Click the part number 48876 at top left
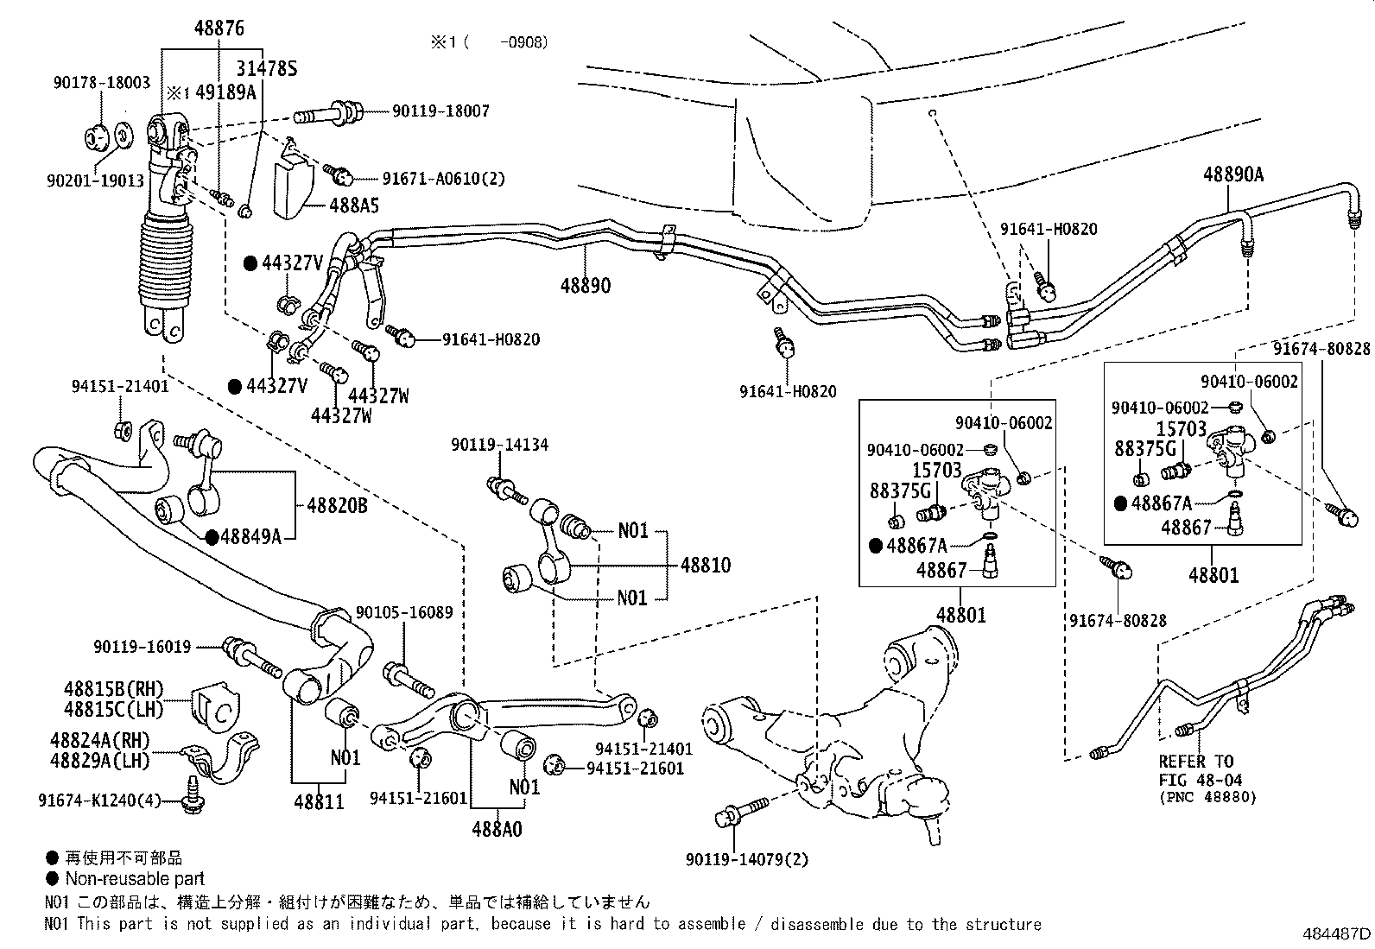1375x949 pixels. coord(219,28)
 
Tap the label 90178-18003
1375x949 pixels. coord(100,83)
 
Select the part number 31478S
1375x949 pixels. coord(268,68)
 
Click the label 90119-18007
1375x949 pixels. coord(440,111)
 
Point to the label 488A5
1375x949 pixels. coord(353,206)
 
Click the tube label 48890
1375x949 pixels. coord(585,285)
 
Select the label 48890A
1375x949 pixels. coord(1233,174)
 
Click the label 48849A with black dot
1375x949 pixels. coord(250,537)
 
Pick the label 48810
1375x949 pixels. coord(705,565)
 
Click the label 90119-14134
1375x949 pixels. coord(499,445)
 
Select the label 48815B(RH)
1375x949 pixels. coord(113,689)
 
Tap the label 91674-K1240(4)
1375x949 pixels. coord(99,800)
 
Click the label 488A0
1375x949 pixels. coord(497,829)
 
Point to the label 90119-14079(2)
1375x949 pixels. coord(748,859)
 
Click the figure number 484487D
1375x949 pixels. coord(1335,933)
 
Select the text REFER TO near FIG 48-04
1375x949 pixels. coord(1196,762)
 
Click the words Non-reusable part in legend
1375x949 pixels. coord(135,879)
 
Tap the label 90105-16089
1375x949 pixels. coord(404,612)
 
